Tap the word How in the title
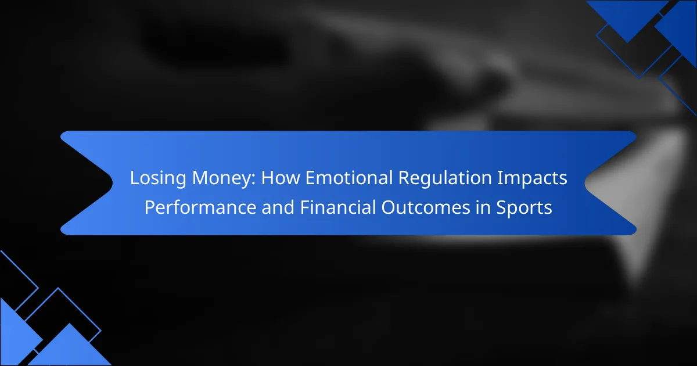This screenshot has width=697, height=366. (x=281, y=177)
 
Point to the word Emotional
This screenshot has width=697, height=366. (x=349, y=177)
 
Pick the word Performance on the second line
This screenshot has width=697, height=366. (x=200, y=207)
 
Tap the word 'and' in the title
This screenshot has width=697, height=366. (x=278, y=207)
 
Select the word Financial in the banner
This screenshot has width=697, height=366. (x=337, y=207)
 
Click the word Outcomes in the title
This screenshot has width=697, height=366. (x=426, y=207)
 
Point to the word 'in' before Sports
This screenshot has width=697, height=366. (x=483, y=207)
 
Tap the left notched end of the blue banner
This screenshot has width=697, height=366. (x=112, y=183)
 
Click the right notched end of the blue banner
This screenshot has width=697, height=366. (x=585, y=183)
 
